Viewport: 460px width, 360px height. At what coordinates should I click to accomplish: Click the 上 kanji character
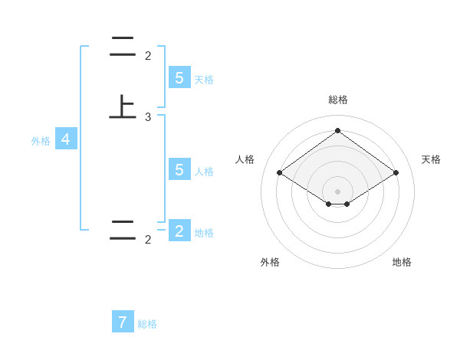(123, 106)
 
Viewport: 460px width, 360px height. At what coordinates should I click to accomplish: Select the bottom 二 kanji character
(123, 230)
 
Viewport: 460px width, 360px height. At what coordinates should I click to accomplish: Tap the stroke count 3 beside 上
(148, 117)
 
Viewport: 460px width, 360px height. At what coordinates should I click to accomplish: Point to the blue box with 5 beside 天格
(179, 78)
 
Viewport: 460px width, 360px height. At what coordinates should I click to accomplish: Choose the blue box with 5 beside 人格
(179, 170)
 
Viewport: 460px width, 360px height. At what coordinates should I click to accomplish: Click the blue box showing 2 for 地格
(179, 231)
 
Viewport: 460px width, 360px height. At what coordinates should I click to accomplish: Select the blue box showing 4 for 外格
(66, 139)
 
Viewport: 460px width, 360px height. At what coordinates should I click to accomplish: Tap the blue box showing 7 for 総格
(123, 322)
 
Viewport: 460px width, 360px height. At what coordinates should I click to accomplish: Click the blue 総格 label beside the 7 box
(147, 324)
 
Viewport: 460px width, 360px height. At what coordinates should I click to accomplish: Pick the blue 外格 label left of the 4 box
(41, 141)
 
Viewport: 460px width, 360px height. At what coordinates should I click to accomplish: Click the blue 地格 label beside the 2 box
(204, 233)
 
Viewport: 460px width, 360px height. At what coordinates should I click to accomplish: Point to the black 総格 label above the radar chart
(337, 100)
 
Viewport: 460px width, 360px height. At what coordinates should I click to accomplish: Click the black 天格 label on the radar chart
(432, 159)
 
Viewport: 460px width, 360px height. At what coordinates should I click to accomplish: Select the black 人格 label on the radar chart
(245, 159)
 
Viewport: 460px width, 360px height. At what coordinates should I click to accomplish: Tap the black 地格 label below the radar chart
(402, 262)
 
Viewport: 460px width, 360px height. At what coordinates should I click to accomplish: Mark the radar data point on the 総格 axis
(337, 131)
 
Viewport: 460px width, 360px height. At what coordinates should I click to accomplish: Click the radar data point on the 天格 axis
(396, 173)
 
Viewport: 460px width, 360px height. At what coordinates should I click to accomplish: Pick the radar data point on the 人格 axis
(279, 173)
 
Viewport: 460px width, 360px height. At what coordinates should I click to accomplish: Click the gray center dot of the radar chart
(337, 191)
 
